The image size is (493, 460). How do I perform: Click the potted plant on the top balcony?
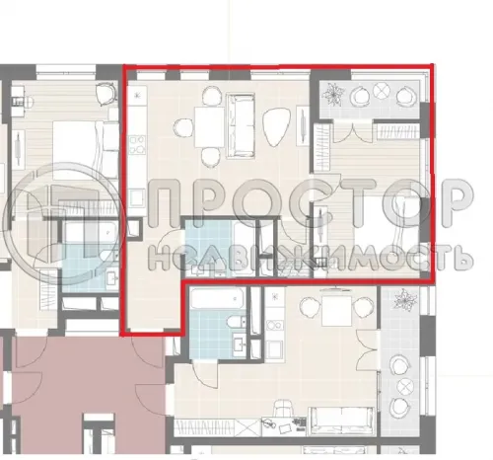point(332,94)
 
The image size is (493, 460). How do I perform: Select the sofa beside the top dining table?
point(241,125)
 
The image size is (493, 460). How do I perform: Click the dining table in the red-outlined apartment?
point(209,127)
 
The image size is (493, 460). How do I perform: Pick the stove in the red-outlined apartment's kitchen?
point(137,145)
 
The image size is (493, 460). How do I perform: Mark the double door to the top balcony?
point(353,131)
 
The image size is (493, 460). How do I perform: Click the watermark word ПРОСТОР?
point(311,203)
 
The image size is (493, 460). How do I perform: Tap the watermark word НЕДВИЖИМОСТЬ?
point(311,258)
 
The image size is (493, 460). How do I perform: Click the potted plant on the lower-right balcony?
point(404,300)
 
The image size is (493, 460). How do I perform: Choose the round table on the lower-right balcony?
point(404,385)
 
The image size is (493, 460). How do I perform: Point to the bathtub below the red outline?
point(218,299)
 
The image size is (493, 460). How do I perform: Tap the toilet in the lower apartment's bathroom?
point(237,321)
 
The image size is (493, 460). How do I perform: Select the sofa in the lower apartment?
point(342,422)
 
